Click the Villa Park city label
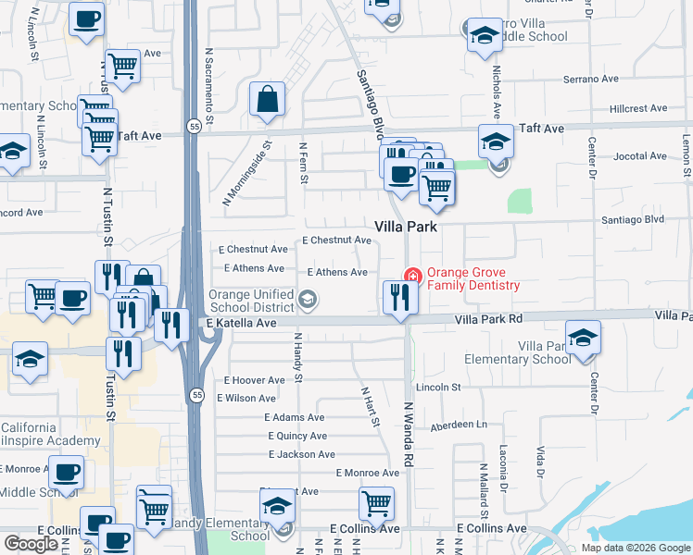[x=405, y=227]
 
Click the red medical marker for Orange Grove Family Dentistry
[x=411, y=276]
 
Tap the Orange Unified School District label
[x=251, y=301]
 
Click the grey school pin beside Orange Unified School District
[x=308, y=298]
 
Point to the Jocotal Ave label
[x=639, y=156]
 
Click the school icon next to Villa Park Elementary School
[x=583, y=339]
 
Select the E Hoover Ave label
[x=254, y=380]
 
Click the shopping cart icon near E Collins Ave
[x=376, y=504]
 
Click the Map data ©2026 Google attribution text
[x=635, y=548]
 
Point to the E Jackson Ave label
[x=301, y=454]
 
